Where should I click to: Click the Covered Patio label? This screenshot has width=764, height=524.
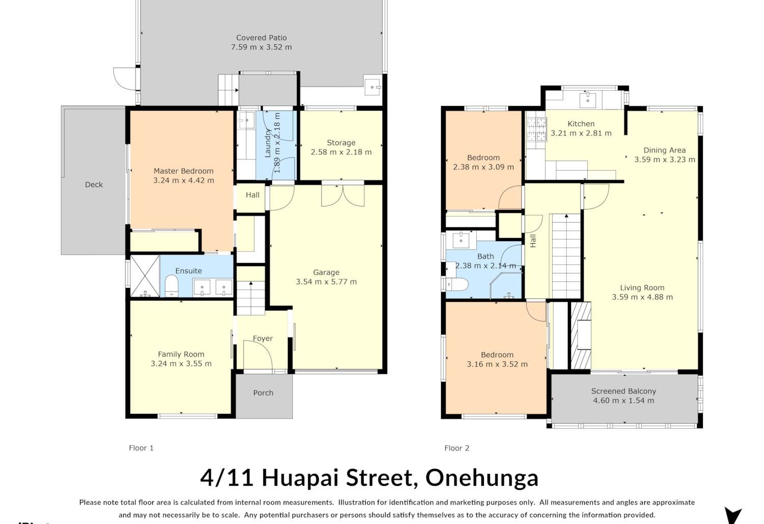(261, 38)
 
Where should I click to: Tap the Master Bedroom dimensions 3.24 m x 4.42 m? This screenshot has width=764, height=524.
(183, 180)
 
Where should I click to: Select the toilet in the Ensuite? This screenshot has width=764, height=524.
(171, 286)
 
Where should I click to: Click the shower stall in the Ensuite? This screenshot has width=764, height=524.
(145, 276)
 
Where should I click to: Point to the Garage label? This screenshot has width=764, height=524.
(326, 272)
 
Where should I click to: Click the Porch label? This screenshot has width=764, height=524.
(263, 392)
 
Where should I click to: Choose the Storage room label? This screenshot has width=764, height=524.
(341, 143)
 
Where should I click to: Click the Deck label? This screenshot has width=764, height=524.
(94, 185)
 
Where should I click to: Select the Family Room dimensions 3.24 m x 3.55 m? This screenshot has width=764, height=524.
(181, 363)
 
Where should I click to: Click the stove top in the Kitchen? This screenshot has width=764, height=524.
(537, 129)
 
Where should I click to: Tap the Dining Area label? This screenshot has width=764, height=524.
(664, 150)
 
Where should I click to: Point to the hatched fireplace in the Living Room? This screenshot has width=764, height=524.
(581, 335)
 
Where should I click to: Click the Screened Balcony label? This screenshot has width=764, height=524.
(623, 391)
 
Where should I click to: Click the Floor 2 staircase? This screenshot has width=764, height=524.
(566, 256)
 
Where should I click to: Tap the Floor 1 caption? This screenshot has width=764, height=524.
(141, 448)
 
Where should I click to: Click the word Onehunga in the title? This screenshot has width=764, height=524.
(482, 478)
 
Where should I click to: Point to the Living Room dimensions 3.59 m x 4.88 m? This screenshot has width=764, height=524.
(642, 297)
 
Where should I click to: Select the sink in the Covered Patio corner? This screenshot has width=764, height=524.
(372, 87)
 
